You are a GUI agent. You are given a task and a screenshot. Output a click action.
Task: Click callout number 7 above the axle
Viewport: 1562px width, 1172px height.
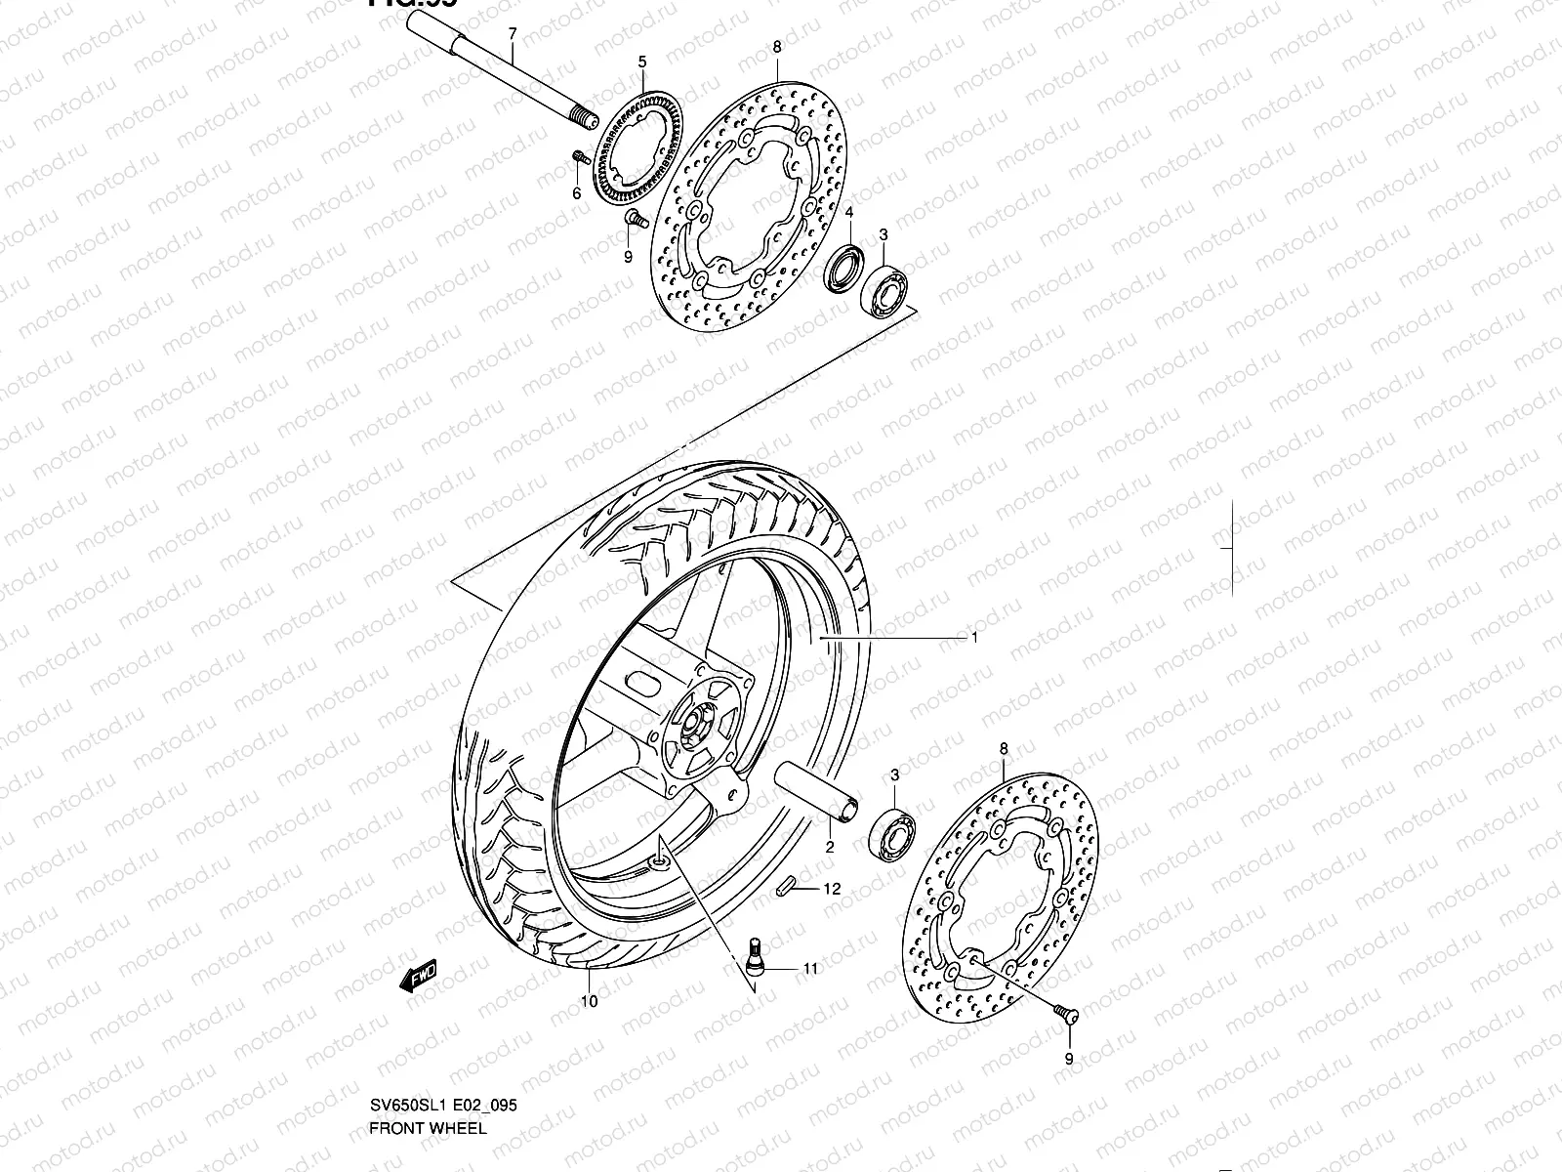pyautogui.click(x=511, y=34)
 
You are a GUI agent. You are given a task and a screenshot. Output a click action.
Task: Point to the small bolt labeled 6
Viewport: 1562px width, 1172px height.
pyautogui.click(x=578, y=156)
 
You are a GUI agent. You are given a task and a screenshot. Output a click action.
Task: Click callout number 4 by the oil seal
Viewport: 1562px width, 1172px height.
pyautogui.click(x=849, y=213)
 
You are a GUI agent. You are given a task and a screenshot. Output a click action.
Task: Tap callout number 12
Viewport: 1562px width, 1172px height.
pyautogui.click(x=831, y=890)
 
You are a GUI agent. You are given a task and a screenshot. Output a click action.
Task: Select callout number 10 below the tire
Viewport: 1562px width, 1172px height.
pyautogui.click(x=590, y=1000)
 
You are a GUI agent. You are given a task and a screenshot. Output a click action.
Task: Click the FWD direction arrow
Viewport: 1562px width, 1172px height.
pyautogui.click(x=419, y=976)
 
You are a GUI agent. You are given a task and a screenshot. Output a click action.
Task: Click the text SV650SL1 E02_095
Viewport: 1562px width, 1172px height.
pyautogui.click(x=443, y=1106)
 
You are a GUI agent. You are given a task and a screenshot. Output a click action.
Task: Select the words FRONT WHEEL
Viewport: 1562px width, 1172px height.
pyautogui.click(x=427, y=1128)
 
